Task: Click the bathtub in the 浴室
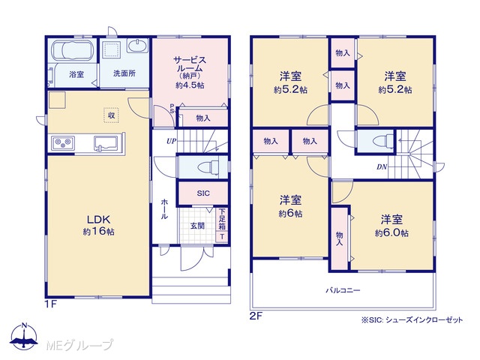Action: point(72,50)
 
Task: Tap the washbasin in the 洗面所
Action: point(137,46)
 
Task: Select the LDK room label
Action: point(98,219)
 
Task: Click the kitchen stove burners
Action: point(63,143)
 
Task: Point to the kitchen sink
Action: point(106,143)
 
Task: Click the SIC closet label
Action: point(203,193)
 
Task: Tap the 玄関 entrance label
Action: point(197,226)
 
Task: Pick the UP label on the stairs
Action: point(172,142)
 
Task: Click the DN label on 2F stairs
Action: point(382,167)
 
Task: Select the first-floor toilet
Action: point(208,167)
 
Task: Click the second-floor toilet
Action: point(383,141)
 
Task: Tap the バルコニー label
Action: point(343,290)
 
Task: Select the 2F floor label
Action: point(256,316)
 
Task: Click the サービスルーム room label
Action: point(190,64)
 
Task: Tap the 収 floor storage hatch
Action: point(111,115)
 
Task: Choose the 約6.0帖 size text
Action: point(391,233)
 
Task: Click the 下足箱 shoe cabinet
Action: point(222,220)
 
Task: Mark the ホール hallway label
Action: point(164,208)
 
